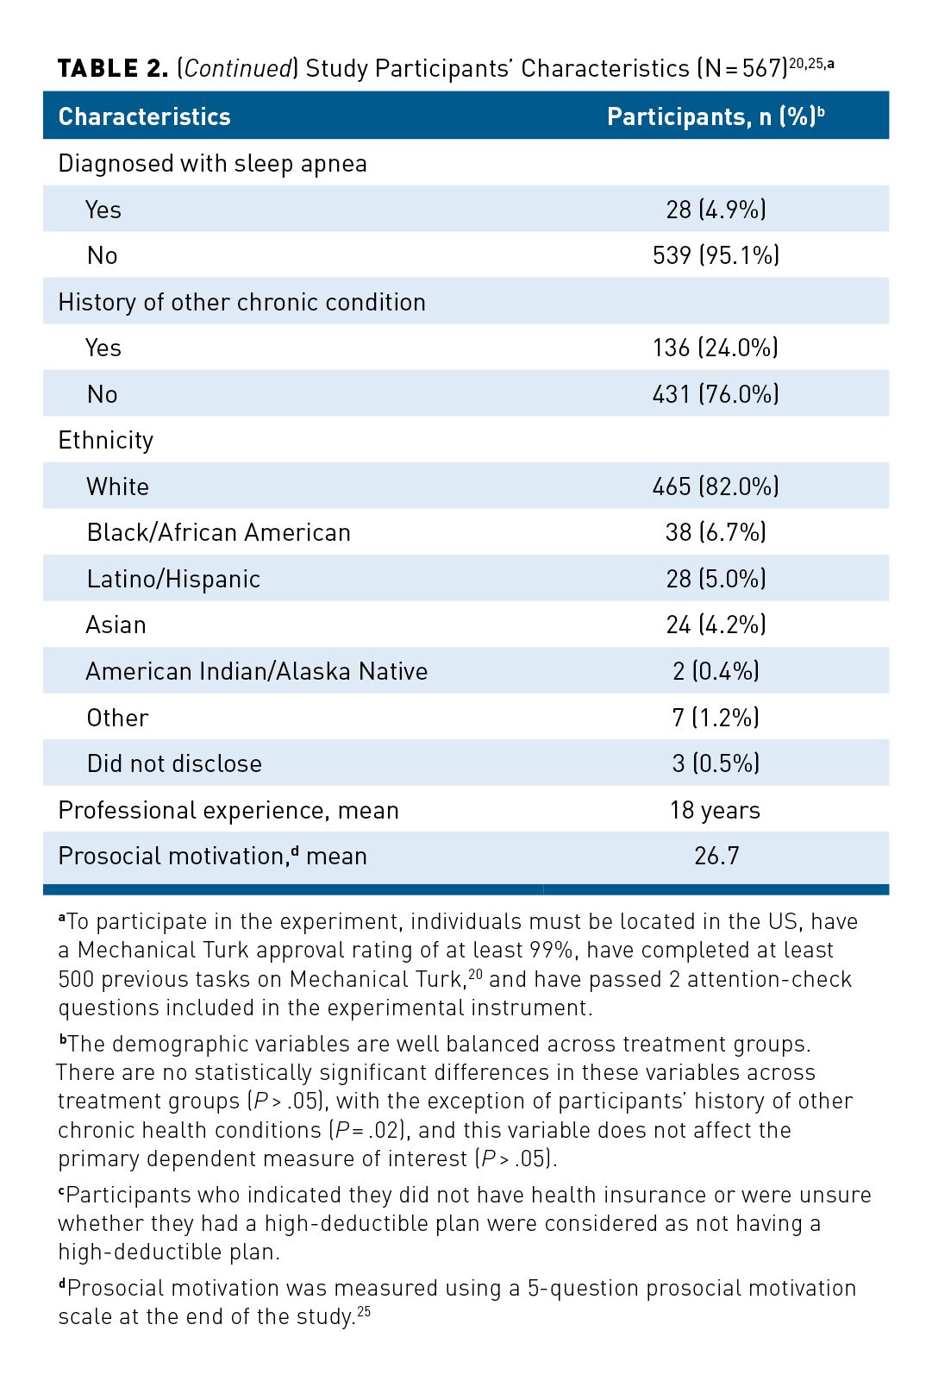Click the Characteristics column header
pos(144,116)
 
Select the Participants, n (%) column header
pos(716,116)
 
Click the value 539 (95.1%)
pos(716,255)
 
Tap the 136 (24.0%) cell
pos(716,348)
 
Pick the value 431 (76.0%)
pos(716,394)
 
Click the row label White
pos(118,487)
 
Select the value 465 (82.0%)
pos(716,487)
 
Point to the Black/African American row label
pos(219,532)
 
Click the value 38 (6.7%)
pos(716,532)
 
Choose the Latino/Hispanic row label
pos(173,580)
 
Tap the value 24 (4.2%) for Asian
pos(716,625)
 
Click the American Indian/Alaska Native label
pos(257,671)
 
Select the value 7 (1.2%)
pos(716,718)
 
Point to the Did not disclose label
pos(174,763)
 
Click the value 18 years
pos(716,811)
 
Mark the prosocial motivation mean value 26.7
pos(716,857)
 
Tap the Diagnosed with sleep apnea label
pos(212,164)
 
